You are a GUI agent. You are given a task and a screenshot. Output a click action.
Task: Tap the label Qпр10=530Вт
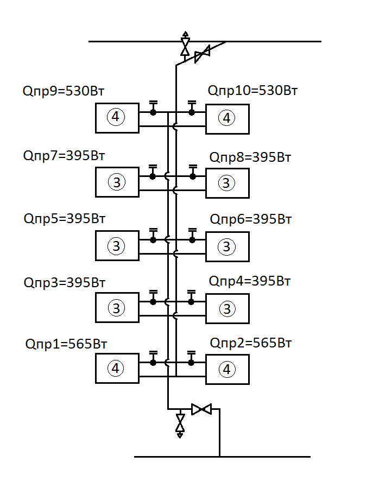coord(253,90)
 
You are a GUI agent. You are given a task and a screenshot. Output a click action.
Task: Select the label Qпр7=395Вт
coord(64,156)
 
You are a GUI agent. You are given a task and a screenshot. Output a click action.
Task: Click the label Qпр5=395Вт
coord(64,219)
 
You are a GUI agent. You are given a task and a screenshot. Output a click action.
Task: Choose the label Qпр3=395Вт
coord(64,282)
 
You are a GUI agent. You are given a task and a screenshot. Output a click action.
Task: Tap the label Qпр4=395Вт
coord(250,281)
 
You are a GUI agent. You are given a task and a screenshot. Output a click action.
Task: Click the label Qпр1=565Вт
coord(66,344)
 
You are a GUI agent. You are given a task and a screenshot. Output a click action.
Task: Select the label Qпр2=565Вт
coord(251,343)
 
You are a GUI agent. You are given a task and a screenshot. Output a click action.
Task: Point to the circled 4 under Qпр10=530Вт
coord(226,118)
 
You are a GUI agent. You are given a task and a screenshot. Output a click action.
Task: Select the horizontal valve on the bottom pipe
coord(202,409)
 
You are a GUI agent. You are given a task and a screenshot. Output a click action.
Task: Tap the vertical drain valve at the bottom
coord(180,423)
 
